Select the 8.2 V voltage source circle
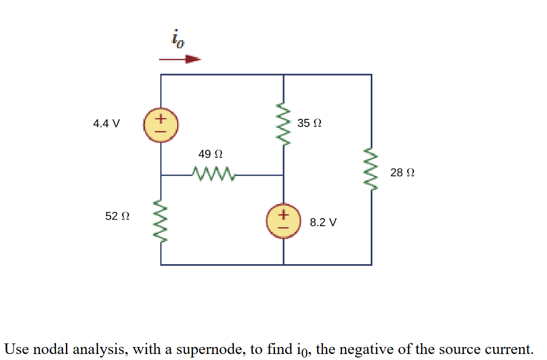pyautogui.click(x=284, y=221)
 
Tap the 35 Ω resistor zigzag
pyautogui.click(x=284, y=125)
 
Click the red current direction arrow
pyautogui.click(x=180, y=59)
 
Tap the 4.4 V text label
pyautogui.click(x=106, y=123)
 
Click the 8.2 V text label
pyautogui.click(x=323, y=222)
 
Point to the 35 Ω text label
pyautogui.click(x=309, y=123)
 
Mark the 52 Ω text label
pyautogui.click(x=117, y=216)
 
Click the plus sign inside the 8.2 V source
pyautogui.click(x=284, y=215)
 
